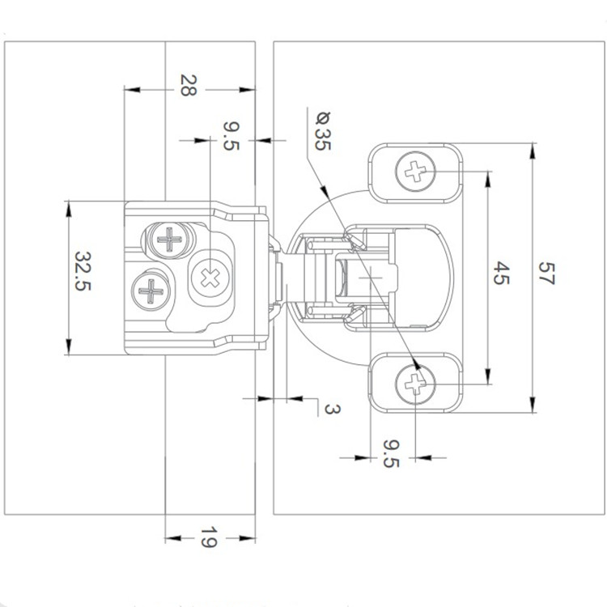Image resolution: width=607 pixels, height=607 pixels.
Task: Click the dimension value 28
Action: click(x=187, y=85)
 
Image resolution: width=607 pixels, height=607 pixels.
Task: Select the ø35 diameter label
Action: click(x=321, y=129)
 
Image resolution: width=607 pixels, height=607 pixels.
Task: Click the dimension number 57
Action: click(x=545, y=277)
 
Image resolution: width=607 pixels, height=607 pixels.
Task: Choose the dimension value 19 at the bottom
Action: click(x=207, y=538)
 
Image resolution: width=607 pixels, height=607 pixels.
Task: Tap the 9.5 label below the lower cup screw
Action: click(x=391, y=454)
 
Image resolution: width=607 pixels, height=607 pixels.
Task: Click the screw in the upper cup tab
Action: click(x=415, y=172)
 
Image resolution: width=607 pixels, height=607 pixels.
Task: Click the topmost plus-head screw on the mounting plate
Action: click(x=170, y=240)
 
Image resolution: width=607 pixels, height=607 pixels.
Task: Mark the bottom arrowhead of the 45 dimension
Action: click(x=488, y=378)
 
